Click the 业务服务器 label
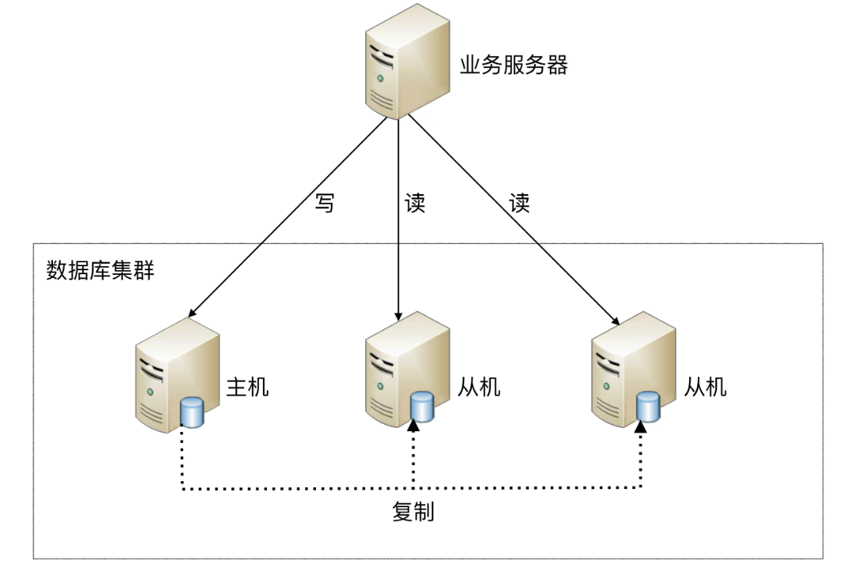point(514,65)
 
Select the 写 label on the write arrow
point(326,204)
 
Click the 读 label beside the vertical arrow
point(415,204)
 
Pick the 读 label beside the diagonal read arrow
point(519,204)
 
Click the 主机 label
point(248,387)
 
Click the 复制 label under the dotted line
point(413,511)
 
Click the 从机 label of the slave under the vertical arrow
point(479,387)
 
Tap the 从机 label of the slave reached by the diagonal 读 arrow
point(705,387)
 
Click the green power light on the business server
point(381,79)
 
